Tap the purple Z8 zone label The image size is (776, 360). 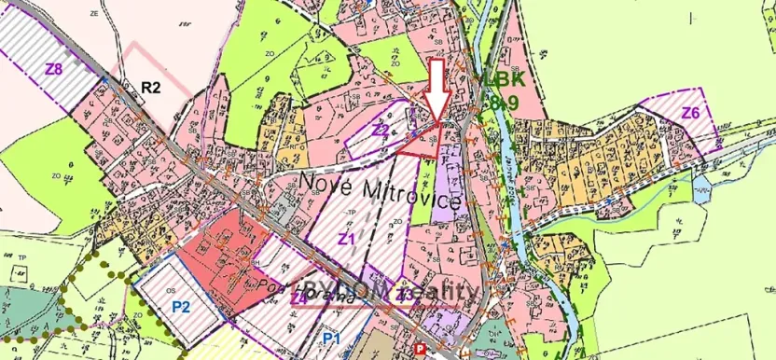point(54,68)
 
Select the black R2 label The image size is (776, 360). point(151,88)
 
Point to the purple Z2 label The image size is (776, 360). point(381,130)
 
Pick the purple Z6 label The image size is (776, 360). point(690,113)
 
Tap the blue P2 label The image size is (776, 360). point(181,307)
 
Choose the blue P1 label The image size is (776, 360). point(332,338)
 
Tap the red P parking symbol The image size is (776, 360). point(421,349)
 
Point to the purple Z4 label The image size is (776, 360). point(299,298)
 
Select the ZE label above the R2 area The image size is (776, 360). point(94,16)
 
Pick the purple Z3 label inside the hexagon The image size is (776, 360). point(405,296)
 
